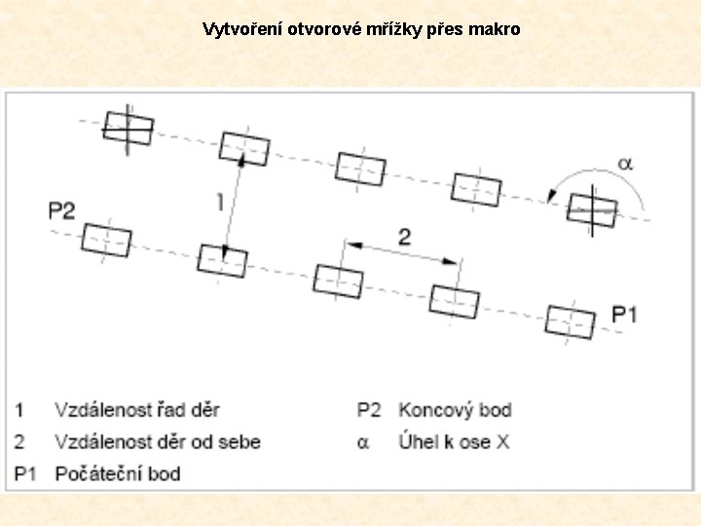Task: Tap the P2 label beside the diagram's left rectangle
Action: [61, 211]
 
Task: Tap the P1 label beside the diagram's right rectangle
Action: [624, 314]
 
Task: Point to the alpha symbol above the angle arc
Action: [625, 164]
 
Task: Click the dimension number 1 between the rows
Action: [220, 202]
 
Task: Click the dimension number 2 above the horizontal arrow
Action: [404, 236]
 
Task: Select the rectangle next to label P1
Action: [570, 321]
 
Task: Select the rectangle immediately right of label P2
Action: [106, 240]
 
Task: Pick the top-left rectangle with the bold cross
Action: [129, 127]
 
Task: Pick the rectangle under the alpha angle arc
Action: [592, 209]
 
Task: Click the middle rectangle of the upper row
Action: [360, 168]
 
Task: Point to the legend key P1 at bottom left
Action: [26, 474]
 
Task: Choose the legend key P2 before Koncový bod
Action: [369, 410]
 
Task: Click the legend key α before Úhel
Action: [363, 443]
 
